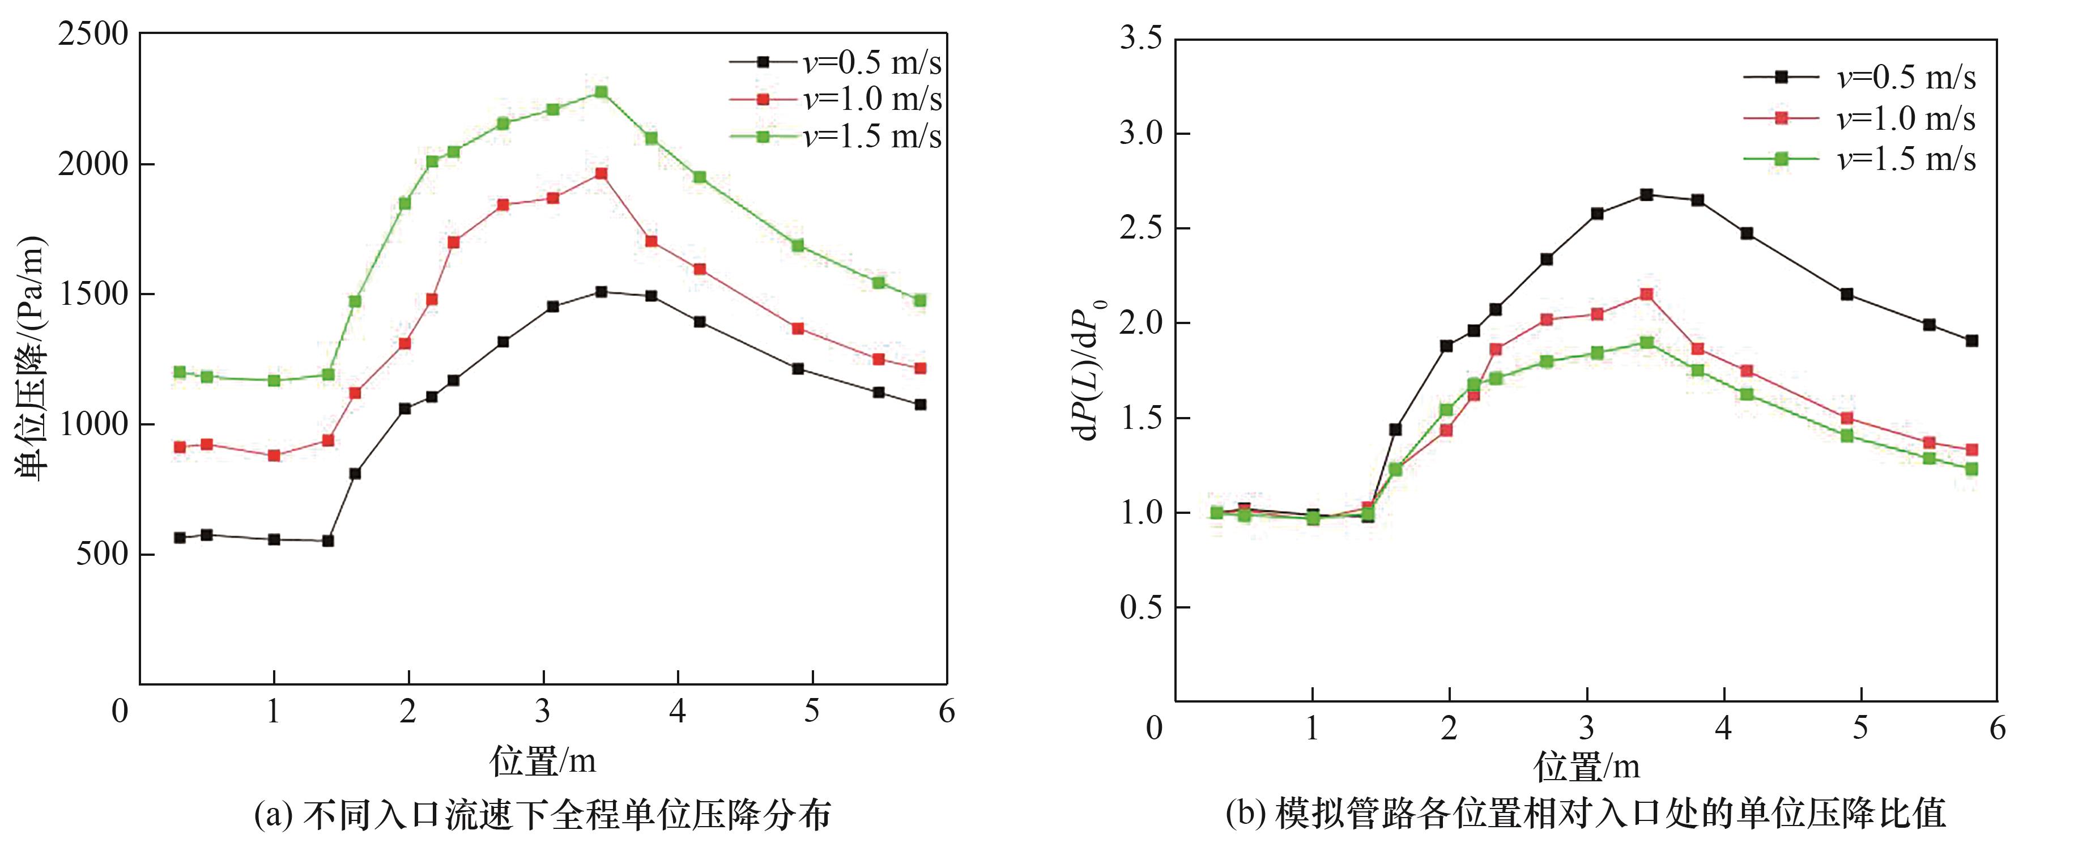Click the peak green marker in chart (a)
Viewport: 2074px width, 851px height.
601,92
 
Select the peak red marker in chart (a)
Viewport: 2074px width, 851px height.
601,173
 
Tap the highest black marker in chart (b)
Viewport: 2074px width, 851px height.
1646,194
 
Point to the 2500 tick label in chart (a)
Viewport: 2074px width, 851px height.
92,34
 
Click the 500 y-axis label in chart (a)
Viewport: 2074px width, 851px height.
102,554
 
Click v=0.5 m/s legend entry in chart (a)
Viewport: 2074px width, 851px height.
836,62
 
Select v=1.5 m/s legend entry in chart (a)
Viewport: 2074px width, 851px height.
836,136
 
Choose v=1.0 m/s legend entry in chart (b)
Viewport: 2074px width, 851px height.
1860,118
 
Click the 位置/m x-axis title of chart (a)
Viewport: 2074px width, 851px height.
543,760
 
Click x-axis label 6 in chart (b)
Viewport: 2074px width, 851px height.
1997,728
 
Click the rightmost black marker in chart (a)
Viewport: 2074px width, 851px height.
920,404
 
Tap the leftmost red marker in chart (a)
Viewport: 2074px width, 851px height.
180,447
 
